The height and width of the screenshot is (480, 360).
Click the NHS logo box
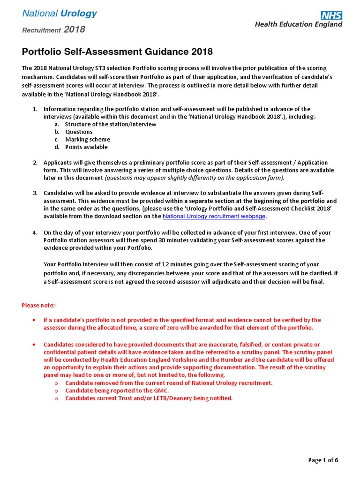tap(331, 15)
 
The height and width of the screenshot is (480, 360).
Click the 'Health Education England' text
tap(298, 24)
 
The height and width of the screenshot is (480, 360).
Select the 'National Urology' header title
tap(60, 14)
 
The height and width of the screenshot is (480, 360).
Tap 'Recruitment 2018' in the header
tap(54, 30)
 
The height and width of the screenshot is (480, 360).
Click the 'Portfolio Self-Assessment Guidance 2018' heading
tap(117, 52)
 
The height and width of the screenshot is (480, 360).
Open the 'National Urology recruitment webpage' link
tap(214, 216)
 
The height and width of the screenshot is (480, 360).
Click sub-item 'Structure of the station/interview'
tap(111, 124)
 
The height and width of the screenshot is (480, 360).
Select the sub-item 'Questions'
tap(79, 132)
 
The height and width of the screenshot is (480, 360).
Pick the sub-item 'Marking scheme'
tap(88, 139)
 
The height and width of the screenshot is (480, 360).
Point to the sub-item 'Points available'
tap(86, 147)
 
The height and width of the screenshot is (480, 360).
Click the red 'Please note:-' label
tap(39, 306)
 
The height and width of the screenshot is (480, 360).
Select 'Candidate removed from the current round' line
tap(169, 383)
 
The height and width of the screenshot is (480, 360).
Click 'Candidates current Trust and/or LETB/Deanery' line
tap(149, 398)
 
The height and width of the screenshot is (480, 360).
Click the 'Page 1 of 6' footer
tap(323, 460)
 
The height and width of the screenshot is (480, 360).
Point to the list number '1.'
tap(35, 109)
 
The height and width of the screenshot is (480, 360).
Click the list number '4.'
tap(35, 232)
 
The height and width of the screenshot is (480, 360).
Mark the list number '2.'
tap(35, 162)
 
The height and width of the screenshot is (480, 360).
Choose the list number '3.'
tap(35, 193)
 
